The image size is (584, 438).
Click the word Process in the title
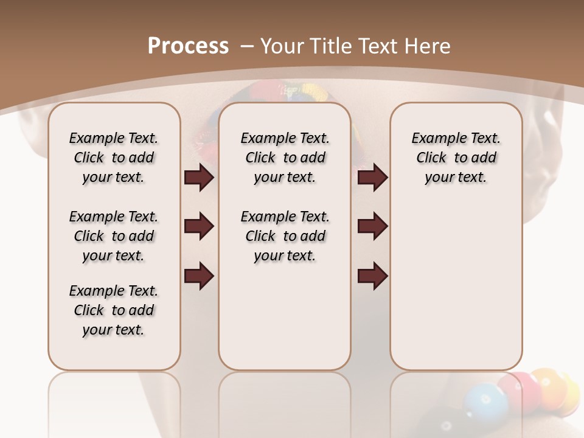pyautogui.click(x=188, y=46)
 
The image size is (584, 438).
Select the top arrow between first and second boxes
pyautogui.click(x=199, y=178)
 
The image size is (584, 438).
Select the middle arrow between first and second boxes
pyautogui.click(x=199, y=227)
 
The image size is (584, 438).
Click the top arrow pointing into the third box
pyautogui.click(x=372, y=178)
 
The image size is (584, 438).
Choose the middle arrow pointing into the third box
pyautogui.click(x=372, y=227)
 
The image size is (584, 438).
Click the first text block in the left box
pyautogui.click(x=114, y=158)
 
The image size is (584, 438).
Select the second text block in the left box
pyautogui.click(x=114, y=236)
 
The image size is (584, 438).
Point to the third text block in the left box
pyautogui.click(x=114, y=310)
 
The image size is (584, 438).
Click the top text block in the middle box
pyautogui.click(x=285, y=158)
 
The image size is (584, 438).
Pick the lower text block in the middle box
pyautogui.click(x=285, y=236)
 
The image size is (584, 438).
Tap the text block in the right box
pyautogui.click(x=456, y=158)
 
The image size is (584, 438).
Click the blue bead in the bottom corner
pyautogui.click(x=485, y=402)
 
